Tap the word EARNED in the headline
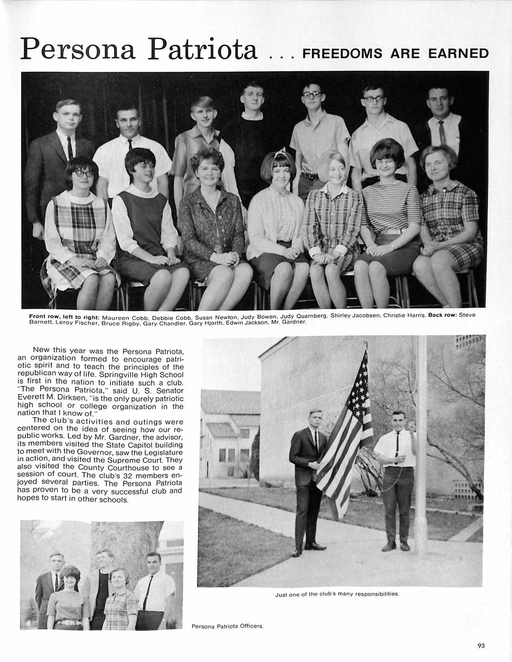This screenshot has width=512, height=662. pos(458,54)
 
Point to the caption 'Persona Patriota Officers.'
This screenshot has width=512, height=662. pos(228,626)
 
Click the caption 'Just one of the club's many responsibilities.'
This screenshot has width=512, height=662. pos(337,594)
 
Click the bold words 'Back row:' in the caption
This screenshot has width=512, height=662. pos(442,315)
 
